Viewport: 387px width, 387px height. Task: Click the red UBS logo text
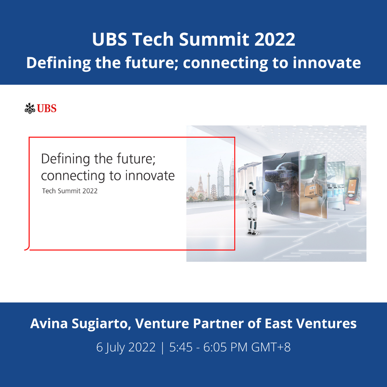click(47, 108)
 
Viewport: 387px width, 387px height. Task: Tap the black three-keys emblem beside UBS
click(30, 108)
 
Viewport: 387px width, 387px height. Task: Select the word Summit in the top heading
click(214, 39)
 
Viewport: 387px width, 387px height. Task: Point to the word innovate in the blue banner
click(327, 63)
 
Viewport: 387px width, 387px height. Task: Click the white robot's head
click(251, 185)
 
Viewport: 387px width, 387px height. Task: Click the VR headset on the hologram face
click(276, 175)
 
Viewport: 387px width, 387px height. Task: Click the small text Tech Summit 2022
click(70, 191)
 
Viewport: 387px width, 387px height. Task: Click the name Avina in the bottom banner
click(49, 323)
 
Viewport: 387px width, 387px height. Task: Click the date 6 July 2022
click(126, 347)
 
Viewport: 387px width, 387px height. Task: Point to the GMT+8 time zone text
click(271, 347)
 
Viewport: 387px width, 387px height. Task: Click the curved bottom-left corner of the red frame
click(27, 248)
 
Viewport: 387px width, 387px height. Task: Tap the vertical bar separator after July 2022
click(163, 348)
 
